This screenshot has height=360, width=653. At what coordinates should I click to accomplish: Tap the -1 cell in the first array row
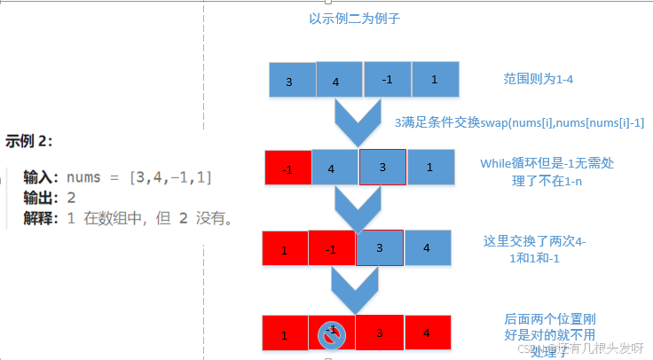click(x=387, y=80)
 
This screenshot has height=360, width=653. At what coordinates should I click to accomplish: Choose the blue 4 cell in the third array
click(x=427, y=248)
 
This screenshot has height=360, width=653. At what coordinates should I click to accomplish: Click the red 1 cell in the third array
click(x=285, y=249)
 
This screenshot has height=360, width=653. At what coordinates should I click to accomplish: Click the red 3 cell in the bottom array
click(x=380, y=333)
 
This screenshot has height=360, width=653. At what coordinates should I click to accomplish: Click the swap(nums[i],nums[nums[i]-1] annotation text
click(x=519, y=121)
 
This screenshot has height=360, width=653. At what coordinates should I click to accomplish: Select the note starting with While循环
click(x=547, y=170)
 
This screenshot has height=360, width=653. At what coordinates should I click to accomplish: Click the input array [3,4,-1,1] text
click(x=170, y=177)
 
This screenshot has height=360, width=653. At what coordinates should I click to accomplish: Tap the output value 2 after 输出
click(x=71, y=197)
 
